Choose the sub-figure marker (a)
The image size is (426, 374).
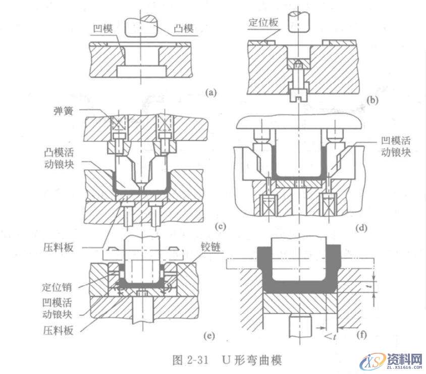tap(210, 92)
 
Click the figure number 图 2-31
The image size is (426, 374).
tap(194, 360)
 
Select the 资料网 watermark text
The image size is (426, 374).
tap(404, 359)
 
